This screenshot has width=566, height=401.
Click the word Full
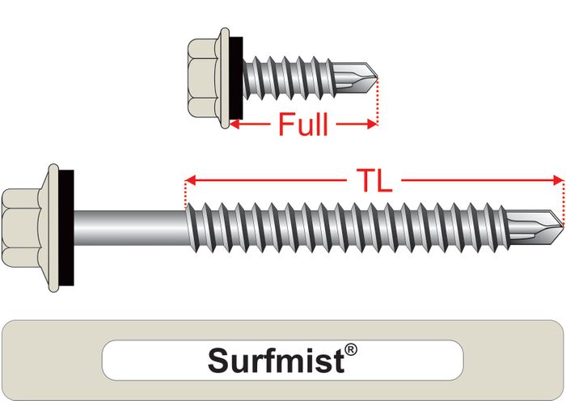[x=303, y=125]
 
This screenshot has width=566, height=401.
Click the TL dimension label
[x=374, y=180]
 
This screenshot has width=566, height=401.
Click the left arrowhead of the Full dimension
[x=235, y=125]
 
